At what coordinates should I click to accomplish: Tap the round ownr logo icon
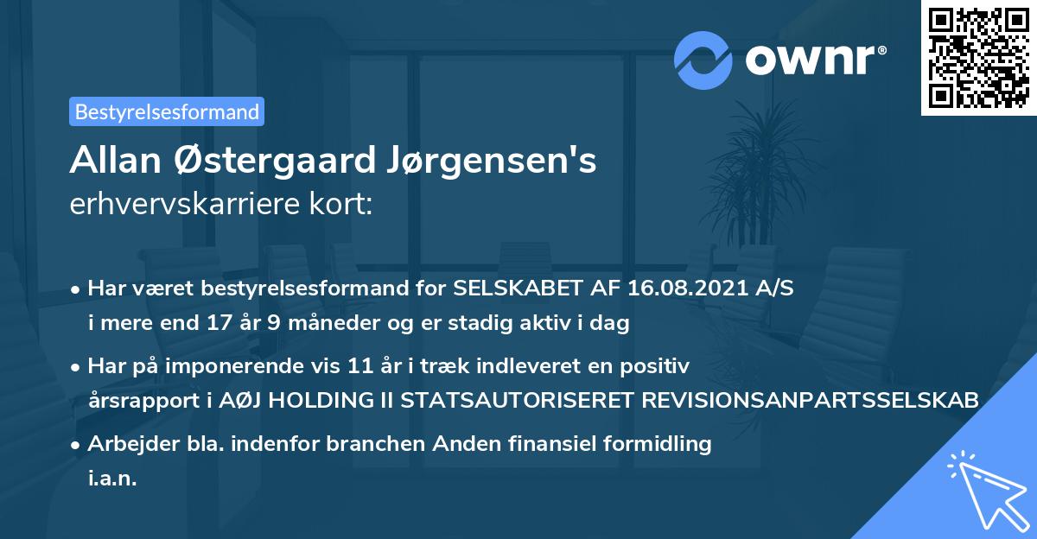pyautogui.click(x=703, y=60)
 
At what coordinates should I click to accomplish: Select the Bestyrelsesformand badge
pyautogui.click(x=167, y=111)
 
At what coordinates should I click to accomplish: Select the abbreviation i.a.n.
pyautogui.click(x=112, y=478)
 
